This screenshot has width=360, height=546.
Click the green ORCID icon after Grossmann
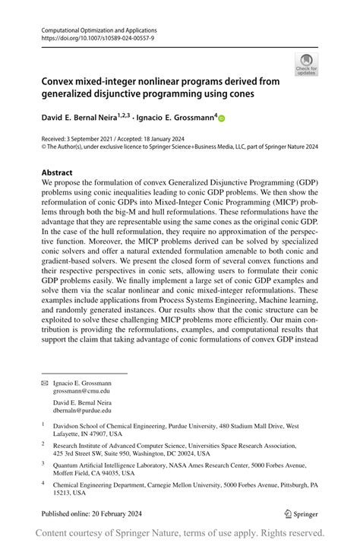point(223,118)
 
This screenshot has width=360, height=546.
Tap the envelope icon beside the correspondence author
point(44,384)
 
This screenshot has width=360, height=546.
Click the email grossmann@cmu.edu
point(81,391)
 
